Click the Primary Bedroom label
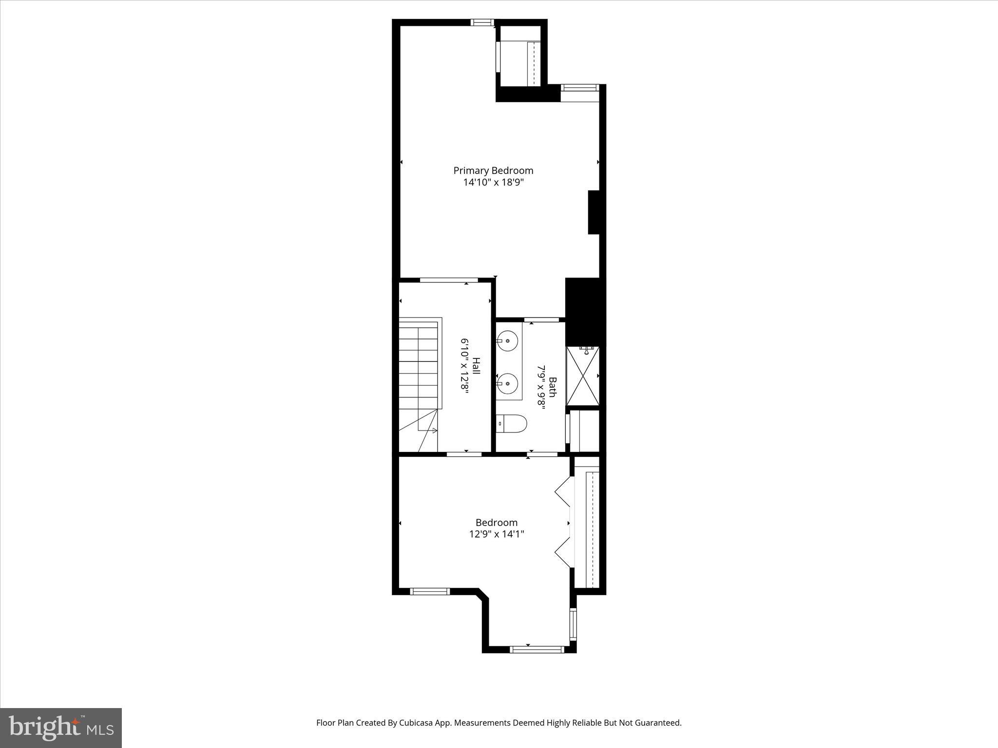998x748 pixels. (x=493, y=170)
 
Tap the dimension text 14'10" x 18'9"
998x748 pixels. (x=493, y=183)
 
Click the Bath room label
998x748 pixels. (x=552, y=387)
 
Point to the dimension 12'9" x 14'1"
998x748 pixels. (x=497, y=534)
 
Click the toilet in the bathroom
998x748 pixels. (x=511, y=424)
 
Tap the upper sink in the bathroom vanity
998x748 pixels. (x=508, y=340)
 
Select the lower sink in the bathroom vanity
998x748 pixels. (x=508, y=383)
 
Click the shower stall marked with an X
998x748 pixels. (x=583, y=376)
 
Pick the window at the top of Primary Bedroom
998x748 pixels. (x=482, y=22)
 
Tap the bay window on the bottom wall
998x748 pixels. (x=537, y=649)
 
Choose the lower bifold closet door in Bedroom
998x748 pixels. (x=563, y=552)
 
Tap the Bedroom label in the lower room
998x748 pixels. (x=497, y=523)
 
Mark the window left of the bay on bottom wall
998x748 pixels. (x=429, y=591)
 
